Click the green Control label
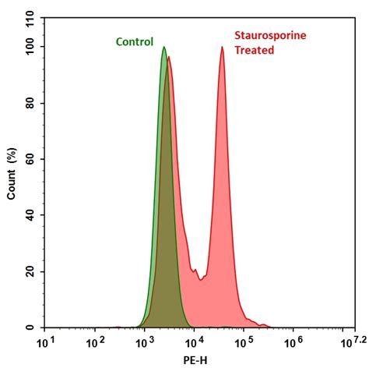[135, 42]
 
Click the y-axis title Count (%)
[12, 172]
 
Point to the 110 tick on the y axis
[30, 19]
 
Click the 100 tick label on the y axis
[30, 47]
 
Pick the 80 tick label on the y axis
[30, 103]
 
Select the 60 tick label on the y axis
[30, 159]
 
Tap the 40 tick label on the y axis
[30, 215]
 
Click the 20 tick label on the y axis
[30, 271]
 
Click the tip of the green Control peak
[164, 48]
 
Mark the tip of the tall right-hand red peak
[222, 48]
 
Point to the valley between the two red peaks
[201, 278]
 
